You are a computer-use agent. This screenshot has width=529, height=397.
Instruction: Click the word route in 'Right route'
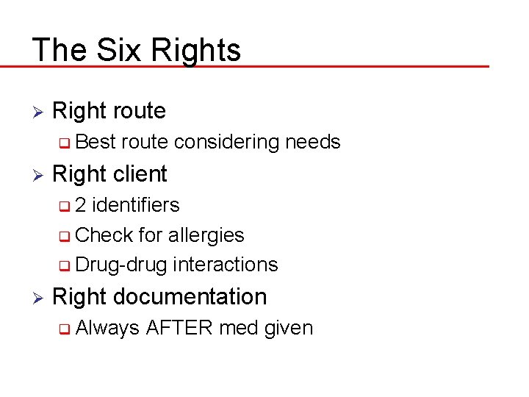coord(139,111)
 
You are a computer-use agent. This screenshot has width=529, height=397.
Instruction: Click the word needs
coord(312,142)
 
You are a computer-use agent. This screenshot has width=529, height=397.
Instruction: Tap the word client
coord(140,174)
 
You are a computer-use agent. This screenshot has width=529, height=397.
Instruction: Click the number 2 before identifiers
coord(80,204)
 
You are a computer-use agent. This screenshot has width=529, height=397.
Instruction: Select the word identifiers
coord(135,204)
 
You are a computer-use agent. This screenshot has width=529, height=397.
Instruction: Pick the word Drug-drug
coord(121,265)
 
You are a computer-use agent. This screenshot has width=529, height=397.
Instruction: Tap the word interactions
coord(225,265)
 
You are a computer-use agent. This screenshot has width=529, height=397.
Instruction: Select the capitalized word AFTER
coord(179,327)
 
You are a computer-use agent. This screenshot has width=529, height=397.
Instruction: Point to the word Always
coord(107,327)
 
